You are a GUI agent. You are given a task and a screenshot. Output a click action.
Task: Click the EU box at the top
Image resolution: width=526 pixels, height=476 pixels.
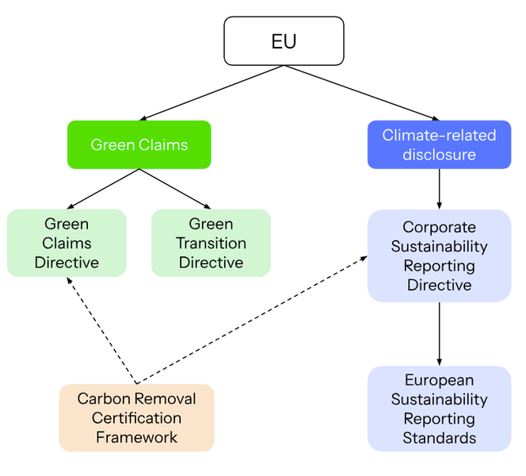point(284,41)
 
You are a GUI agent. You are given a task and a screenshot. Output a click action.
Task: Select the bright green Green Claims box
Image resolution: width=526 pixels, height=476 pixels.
point(139,144)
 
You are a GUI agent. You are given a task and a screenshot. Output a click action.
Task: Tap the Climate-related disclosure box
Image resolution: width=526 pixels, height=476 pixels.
point(439,144)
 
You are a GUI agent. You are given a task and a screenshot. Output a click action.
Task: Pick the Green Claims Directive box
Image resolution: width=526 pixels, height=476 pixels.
point(67,243)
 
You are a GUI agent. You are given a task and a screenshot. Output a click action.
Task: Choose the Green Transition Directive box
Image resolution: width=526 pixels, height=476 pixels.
point(211,243)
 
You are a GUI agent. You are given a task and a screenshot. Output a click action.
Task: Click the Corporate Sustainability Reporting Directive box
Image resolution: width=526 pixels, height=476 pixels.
point(439,255)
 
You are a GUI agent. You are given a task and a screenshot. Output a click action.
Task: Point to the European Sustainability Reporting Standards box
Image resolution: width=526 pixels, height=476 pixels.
point(439,409)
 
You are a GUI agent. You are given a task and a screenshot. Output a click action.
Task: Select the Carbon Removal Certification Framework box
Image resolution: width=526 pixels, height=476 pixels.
point(136,417)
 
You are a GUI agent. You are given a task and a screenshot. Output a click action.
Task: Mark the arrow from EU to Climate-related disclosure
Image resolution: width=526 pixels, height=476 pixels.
point(360,92)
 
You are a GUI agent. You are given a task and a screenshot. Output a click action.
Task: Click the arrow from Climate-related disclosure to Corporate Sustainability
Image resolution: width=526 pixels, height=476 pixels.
point(439,189)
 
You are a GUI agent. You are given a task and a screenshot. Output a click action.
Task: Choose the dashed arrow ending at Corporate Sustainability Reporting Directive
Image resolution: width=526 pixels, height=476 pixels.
point(253,320)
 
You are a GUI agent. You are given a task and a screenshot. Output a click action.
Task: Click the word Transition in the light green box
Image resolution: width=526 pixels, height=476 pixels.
point(211,243)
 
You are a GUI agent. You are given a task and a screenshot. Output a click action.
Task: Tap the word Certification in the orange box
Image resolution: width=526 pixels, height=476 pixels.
point(136,417)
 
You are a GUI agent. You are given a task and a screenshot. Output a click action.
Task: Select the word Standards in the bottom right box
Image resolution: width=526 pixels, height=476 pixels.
point(439,438)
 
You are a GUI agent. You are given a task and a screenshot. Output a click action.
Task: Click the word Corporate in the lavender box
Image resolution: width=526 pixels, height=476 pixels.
point(439,228)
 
